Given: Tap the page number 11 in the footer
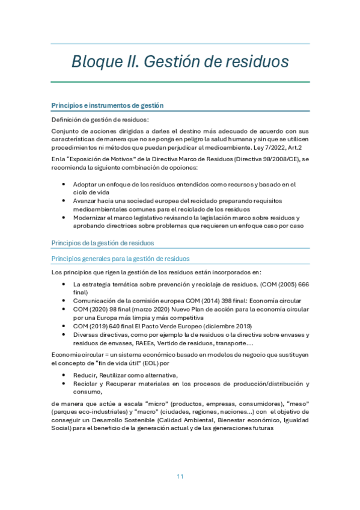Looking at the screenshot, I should [180, 476].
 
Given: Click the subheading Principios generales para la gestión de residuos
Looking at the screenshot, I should [121, 258].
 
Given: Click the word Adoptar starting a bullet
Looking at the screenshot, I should [85, 184].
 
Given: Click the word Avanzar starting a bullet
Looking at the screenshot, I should [85, 201].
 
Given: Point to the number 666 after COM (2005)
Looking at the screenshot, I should [302, 284].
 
